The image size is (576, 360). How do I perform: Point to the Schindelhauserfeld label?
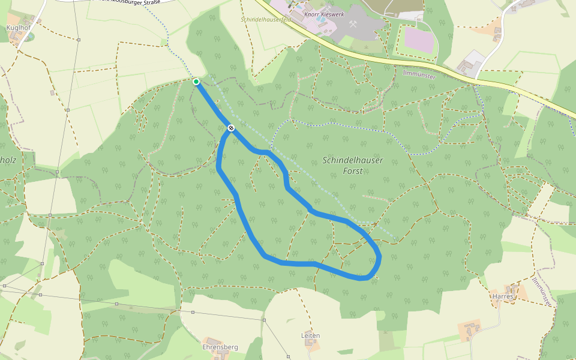click(x=266, y=19)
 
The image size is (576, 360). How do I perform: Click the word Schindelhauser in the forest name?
click(x=353, y=160)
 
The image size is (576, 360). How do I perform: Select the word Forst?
click(x=352, y=171)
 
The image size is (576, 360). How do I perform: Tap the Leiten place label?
click(x=311, y=335)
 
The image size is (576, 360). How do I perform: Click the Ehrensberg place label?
click(x=220, y=347)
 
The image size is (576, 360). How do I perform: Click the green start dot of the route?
click(x=196, y=81)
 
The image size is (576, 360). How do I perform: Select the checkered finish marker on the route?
click(x=231, y=128)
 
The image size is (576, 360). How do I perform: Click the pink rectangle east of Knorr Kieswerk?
click(x=418, y=40)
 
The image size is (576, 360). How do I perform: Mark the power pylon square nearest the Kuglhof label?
click(x=79, y=40)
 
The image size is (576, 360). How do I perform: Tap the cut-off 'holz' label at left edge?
click(x=7, y=160)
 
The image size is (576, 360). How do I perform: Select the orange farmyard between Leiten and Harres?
click(x=470, y=329)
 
